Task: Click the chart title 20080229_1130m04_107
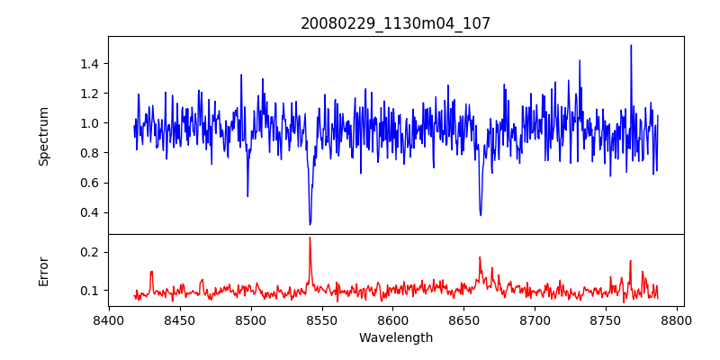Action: click(x=395, y=23)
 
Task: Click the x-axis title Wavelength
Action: click(x=395, y=338)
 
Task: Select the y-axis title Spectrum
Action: click(x=44, y=136)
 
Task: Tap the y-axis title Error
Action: click(x=44, y=271)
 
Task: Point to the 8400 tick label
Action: click(x=109, y=320)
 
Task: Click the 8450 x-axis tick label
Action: click(x=180, y=320)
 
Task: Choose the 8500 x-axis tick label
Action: click(x=250, y=320)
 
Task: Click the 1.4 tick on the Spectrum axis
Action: click(x=88, y=63)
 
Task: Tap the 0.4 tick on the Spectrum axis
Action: click(x=88, y=213)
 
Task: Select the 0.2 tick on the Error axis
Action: click(x=88, y=252)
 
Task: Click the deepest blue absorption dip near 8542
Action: click(x=310, y=224)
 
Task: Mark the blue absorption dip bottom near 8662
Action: click(x=481, y=214)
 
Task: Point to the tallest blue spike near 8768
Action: click(x=631, y=45)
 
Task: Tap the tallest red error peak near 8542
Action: click(x=310, y=238)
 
